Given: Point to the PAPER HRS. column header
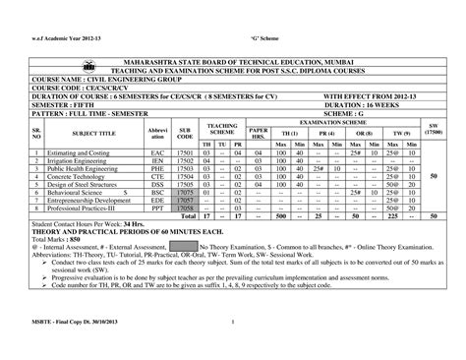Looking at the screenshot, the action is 258,133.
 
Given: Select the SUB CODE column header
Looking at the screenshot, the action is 183,133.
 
